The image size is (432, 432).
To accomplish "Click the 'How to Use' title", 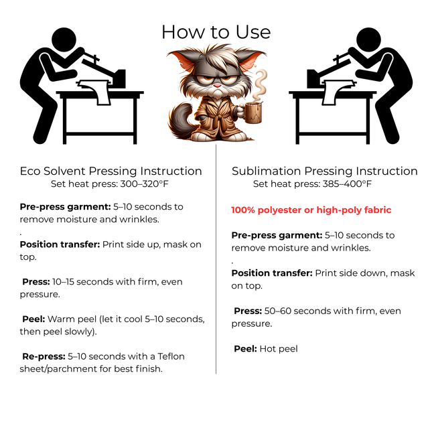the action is pyautogui.click(x=216, y=32).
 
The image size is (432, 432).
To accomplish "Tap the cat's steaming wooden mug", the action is pyautogui.click(x=253, y=113).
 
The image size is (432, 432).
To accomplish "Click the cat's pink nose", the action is pyautogui.click(x=218, y=86).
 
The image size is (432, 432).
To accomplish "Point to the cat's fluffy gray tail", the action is pyautogui.click(x=179, y=119).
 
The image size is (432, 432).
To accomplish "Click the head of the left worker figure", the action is pyautogui.click(x=64, y=40).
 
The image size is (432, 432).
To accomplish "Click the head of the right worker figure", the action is pyautogui.click(x=368, y=40).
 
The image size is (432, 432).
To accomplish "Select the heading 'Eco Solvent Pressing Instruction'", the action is pyautogui.click(x=111, y=171).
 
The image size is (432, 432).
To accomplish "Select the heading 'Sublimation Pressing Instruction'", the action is pyautogui.click(x=325, y=171).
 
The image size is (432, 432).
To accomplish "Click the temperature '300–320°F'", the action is pyautogui.click(x=145, y=184).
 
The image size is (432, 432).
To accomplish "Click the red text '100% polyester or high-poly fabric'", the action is pyautogui.click(x=311, y=210).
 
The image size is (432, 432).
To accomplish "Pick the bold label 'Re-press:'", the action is pyautogui.click(x=44, y=356).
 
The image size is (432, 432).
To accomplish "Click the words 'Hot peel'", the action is pyautogui.click(x=279, y=349).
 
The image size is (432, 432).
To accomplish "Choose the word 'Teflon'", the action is pyautogui.click(x=171, y=356).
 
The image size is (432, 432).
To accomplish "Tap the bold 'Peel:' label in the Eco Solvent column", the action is pyautogui.click(x=33, y=319).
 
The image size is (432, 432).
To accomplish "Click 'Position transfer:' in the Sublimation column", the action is pyautogui.click(x=272, y=273).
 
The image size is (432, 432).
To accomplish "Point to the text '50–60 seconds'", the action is pyautogui.click(x=293, y=311).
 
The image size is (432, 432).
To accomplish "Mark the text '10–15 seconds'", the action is pyautogui.click(x=81, y=282).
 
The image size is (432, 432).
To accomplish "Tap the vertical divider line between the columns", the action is pyautogui.click(x=216, y=259).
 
